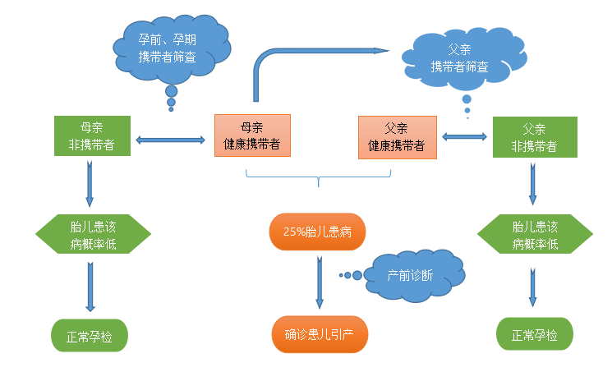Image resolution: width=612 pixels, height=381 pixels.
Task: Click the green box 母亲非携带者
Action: pos(91,136)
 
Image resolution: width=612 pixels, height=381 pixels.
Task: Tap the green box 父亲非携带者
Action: pos(534,137)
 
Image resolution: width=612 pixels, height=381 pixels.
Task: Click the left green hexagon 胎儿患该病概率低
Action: pos(94,236)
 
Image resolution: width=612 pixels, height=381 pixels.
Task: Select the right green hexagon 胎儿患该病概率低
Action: pos(535,236)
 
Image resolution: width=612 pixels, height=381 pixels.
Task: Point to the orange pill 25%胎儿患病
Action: pos(317,232)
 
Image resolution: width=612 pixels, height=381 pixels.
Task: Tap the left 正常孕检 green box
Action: pos(90,335)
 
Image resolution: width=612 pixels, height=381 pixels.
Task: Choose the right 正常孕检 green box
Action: pos(535,335)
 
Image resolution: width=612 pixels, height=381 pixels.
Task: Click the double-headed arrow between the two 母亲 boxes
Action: pos(170,140)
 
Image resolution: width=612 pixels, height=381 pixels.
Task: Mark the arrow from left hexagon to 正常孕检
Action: pos(90,284)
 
